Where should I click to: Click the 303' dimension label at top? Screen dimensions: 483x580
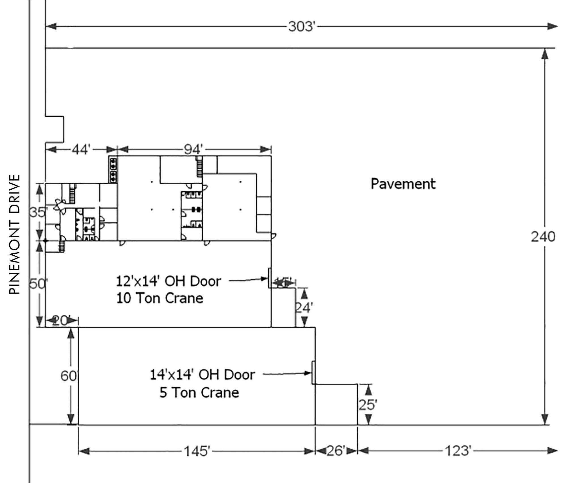[302, 27]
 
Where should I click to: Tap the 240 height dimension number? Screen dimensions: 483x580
[543, 237]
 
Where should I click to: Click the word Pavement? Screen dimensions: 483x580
[403, 184]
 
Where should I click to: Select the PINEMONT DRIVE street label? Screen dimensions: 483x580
[15, 234]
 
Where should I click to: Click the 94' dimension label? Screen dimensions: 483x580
[193, 149]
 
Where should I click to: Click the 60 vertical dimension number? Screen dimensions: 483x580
[68, 376]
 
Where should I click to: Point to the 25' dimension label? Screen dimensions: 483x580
[368, 405]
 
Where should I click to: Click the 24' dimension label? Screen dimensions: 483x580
[304, 307]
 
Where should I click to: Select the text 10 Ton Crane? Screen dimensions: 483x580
[160, 298]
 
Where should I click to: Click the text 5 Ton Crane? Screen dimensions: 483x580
[199, 393]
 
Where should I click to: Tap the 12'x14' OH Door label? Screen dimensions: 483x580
[169, 281]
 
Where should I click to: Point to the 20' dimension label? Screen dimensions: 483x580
[60, 320]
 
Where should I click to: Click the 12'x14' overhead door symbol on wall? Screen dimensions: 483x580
[270, 278]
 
